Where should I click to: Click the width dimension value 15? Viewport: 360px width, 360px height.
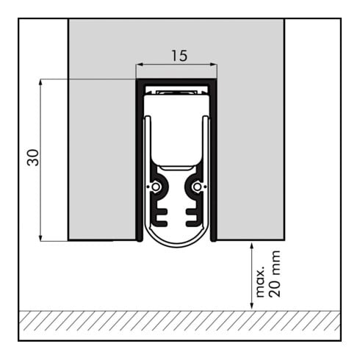[x=176, y=54]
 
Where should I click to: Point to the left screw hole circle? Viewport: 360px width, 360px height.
[x=156, y=187]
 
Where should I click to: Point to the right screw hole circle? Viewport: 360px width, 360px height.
[x=197, y=187]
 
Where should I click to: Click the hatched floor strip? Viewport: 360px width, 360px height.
[x=179, y=320]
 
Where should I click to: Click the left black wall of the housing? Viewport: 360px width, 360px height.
[x=137, y=162]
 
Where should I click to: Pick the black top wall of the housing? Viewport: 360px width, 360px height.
[x=176, y=81]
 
